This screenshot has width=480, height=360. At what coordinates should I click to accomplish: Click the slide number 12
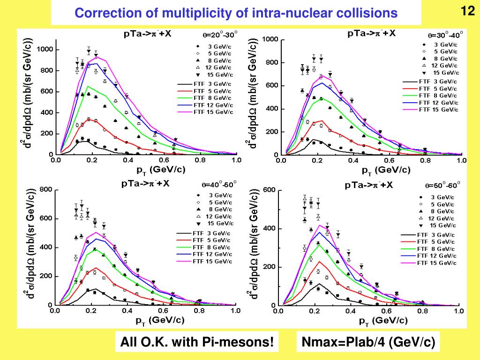click(466, 10)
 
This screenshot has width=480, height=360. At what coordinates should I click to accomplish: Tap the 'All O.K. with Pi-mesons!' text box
click(197, 342)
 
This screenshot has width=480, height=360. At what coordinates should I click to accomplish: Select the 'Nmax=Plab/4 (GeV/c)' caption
click(367, 342)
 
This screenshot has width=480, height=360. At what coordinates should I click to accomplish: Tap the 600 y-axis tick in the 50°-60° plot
click(270, 190)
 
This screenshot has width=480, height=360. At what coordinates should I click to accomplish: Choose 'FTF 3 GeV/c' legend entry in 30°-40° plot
click(431, 82)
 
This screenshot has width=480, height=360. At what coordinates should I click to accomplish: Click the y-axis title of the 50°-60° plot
click(254, 244)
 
